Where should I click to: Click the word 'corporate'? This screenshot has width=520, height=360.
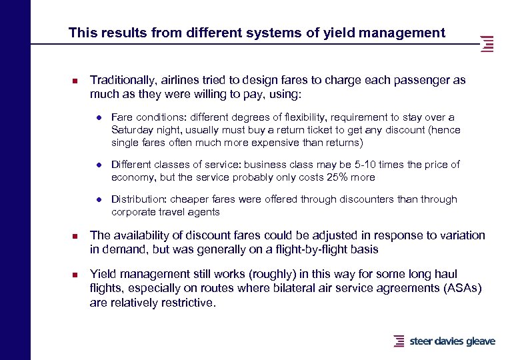pyautogui.click(x=132, y=212)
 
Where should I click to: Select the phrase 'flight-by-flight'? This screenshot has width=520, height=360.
pyautogui.click(x=290, y=249)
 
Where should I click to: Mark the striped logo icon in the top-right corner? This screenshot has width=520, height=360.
pyautogui.click(x=487, y=44)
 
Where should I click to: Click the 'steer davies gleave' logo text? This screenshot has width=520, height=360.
pyautogui.click(x=452, y=341)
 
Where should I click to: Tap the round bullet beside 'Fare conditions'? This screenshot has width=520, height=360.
pyautogui.click(x=98, y=117)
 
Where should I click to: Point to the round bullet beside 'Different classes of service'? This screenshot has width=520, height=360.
pyautogui.click(x=98, y=165)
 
